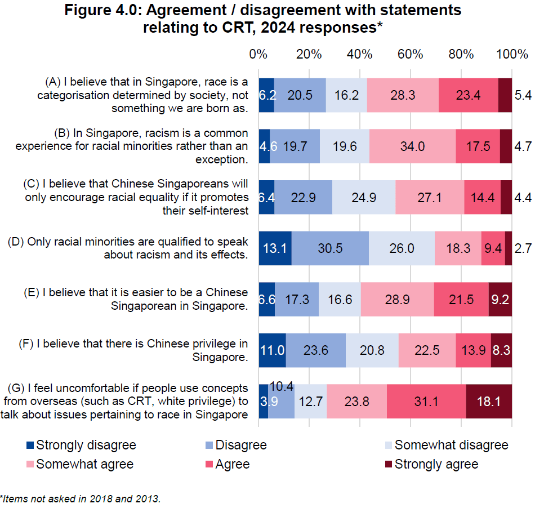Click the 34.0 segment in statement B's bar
pos(413,146)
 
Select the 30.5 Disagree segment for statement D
pos(330,248)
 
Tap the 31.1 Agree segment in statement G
pos(426,401)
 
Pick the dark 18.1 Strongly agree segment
pos(489,401)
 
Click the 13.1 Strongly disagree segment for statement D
pos(275,248)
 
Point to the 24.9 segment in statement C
pos(363,197)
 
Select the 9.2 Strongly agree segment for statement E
pos(500,299)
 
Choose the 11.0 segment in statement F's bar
pos(272,350)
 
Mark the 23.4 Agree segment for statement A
pos(468,95)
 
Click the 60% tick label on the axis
pos(410,55)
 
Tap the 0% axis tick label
pos(258,55)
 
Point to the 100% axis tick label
pos(512,55)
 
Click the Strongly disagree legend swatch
pos(30,445)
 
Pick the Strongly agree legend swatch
pos(388,464)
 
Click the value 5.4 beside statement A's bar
pos(523,95)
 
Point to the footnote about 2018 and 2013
pos(80,498)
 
